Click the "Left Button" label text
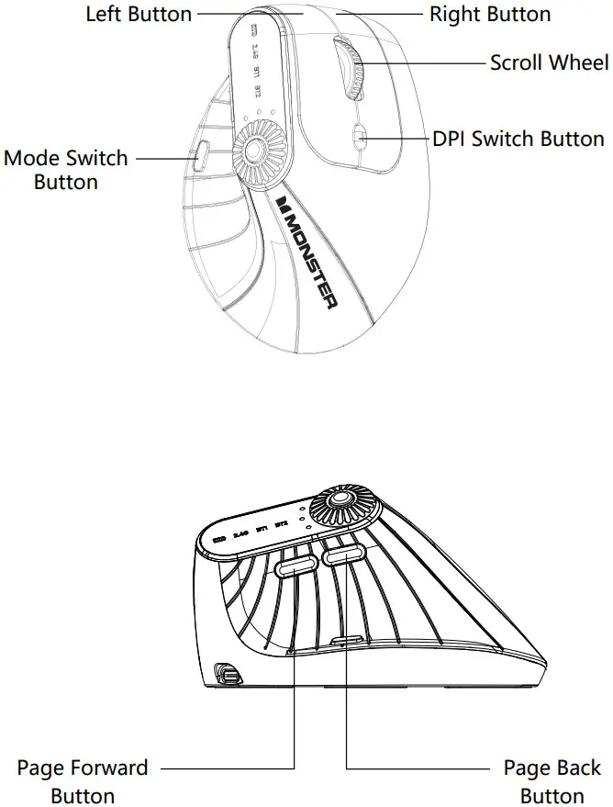click(x=139, y=14)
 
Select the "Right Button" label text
click(x=490, y=14)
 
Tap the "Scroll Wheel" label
click(x=549, y=62)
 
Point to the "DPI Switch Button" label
click(x=518, y=139)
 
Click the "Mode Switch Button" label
click(x=66, y=169)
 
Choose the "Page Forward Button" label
click(x=83, y=780)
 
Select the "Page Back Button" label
click(x=552, y=780)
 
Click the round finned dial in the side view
click(x=340, y=503)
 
